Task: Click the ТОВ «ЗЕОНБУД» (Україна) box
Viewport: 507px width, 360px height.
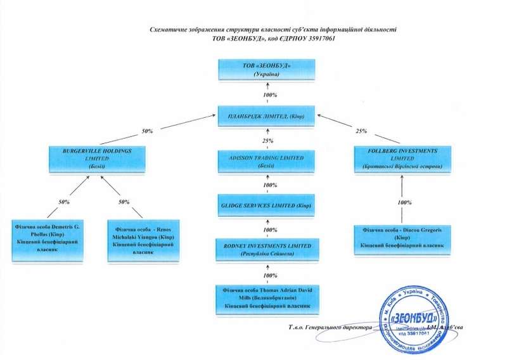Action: tap(266, 70)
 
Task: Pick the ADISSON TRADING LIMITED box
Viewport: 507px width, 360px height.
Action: tap(266, 162)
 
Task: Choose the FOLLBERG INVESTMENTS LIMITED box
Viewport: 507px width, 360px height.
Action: tap(404, 159)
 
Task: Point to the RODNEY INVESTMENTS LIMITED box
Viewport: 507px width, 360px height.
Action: tap(266, 249)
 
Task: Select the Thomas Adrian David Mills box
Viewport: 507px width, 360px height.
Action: tap(266, 297)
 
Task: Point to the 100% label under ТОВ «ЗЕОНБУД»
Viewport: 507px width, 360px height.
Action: tap(270, 95)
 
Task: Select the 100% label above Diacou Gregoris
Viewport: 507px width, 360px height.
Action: tap(405, 202)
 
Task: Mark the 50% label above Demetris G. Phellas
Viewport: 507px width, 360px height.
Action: tap(64, 201)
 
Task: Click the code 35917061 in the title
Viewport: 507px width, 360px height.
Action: tap(315, 39)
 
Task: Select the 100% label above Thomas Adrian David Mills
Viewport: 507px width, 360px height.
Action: tap(270, 276)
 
